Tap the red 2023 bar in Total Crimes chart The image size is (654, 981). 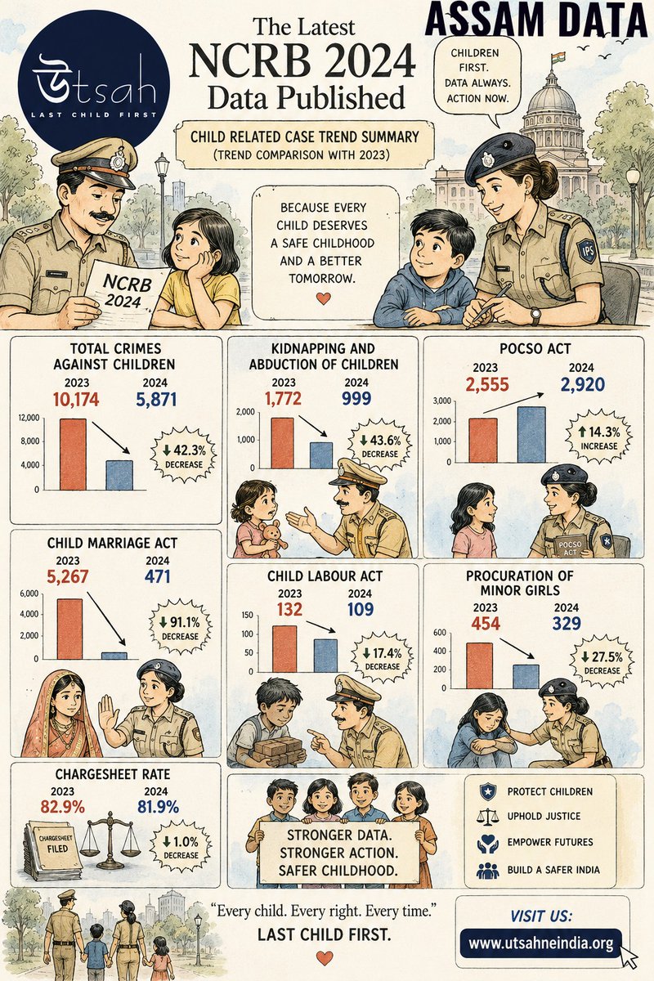click(73, 455)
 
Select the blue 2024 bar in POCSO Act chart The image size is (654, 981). click(531, 434)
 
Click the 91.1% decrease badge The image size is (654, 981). click(179, 629)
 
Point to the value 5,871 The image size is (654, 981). click(156, 400)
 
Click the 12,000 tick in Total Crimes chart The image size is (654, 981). click(29, 418)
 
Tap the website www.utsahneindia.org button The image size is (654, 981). click(541, 943)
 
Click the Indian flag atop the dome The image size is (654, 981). click(557, 58)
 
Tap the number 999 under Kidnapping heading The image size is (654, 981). click(356, 399)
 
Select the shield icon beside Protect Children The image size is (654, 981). click(486, 791)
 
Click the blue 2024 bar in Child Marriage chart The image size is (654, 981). click(114, 655)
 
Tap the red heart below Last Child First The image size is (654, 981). click(325, 958)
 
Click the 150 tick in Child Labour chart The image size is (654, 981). click(248, 616)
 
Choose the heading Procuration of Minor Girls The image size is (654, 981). click(520, 583)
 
